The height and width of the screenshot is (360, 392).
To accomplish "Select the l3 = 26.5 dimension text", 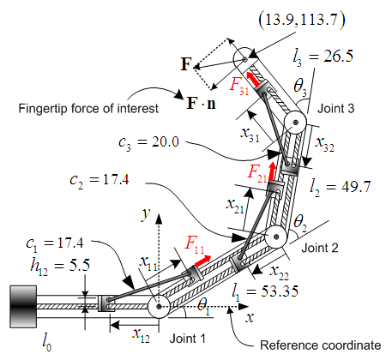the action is tap(323, 57).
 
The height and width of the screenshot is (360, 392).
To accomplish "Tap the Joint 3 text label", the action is tap(336, 109).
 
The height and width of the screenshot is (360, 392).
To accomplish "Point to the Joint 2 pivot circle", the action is tap(276, 237).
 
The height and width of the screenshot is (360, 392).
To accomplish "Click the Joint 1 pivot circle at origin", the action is tap(159, 307).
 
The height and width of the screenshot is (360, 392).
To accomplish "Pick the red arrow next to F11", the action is tap(202, 261).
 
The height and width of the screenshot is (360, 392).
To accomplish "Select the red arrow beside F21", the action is tap(272, 171).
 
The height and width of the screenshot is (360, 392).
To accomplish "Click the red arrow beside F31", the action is tap(254, 80).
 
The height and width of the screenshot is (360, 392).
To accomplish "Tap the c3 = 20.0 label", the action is tap(149, 142).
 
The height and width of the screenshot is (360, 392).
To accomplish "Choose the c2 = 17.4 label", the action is tap(100, 181).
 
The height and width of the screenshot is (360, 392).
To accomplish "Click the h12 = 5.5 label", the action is tap(60, 267).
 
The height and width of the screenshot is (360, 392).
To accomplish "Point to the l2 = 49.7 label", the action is tap(341, 188).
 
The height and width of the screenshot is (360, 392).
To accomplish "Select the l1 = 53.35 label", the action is tap(265, 292).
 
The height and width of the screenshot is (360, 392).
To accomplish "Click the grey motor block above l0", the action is tap(23, 307).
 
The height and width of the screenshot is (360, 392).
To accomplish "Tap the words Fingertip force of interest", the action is tap(88, 109).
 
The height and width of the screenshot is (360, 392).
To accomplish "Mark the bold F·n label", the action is tap(202, 104).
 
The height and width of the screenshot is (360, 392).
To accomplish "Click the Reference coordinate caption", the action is tap(321, 345).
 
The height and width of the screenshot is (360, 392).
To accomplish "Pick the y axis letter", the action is tap(146, 214).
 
